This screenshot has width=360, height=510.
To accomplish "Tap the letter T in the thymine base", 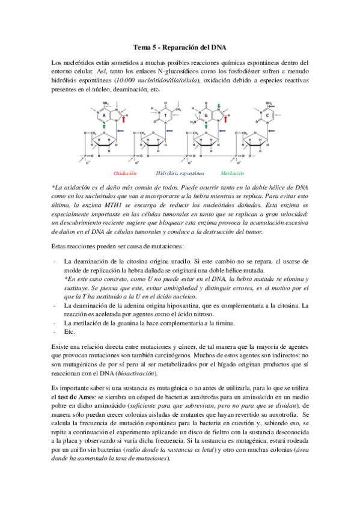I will pos(159,115).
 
